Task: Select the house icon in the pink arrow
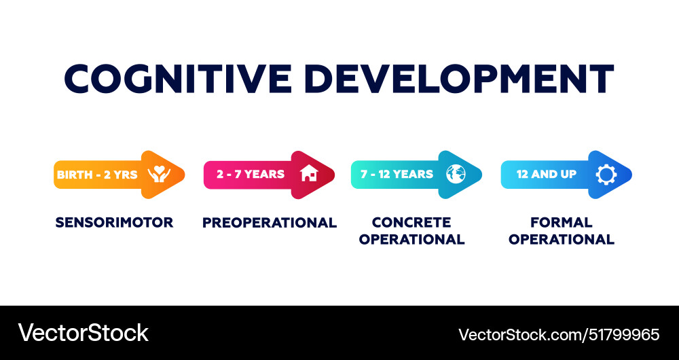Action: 309,174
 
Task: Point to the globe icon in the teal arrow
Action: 456,174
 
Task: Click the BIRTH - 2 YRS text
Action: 97,175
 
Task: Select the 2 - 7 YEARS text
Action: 251,174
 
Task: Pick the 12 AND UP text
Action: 547,174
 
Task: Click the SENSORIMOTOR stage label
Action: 114,222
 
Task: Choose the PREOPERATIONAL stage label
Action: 270,222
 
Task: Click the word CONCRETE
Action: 411,222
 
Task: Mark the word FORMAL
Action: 562,222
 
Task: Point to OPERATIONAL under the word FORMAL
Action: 562,239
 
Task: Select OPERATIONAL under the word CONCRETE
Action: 411,239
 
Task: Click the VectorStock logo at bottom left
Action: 83,333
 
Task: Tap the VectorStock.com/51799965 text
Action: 559,334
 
